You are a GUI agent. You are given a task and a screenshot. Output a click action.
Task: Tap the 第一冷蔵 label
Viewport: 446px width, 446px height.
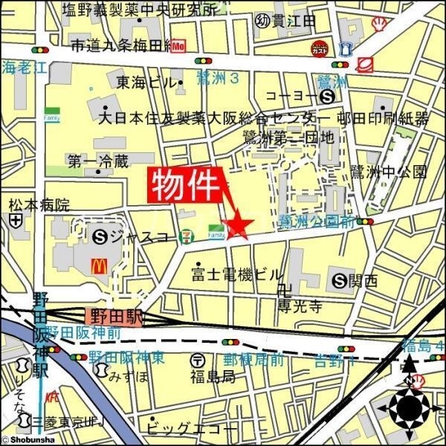click(97, 160)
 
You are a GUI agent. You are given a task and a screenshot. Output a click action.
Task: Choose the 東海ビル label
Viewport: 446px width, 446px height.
click(144, 82)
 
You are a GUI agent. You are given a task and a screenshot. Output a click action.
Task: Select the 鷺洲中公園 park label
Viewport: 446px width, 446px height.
click(399, 172)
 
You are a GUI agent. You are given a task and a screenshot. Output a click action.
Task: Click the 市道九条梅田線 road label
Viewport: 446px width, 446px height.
click(119, 46)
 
